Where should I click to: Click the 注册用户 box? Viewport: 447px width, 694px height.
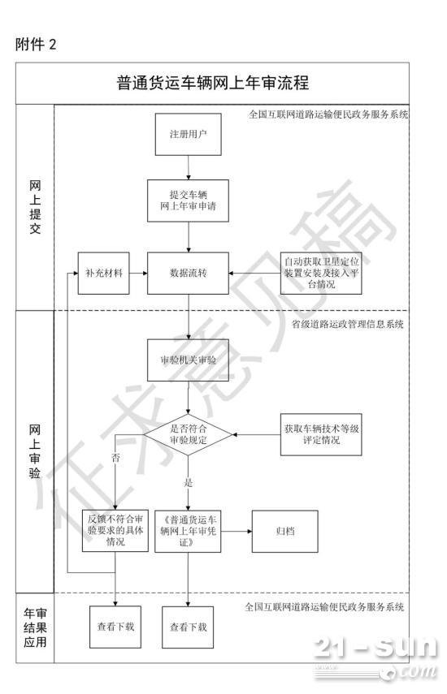coord(188,134)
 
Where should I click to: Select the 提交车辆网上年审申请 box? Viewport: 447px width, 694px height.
coord(188,200)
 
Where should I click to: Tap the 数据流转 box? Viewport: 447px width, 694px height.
coord(188,273)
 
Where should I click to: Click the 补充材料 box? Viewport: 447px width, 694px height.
coord(104,273)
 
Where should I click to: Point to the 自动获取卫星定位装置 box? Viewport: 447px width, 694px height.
coord(321,273)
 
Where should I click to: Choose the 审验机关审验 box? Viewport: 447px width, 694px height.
coord(188,360)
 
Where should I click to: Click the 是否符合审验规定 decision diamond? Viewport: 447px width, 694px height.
coord(188,434)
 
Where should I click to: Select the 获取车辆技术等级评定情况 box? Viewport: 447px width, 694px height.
coord(321,434)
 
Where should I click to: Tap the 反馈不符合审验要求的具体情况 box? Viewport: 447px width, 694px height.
coord(115,531)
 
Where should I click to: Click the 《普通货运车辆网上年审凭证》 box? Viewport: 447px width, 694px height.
coord(188,531)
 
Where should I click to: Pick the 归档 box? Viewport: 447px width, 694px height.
coord(284,531)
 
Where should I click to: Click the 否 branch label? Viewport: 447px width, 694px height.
coord(115,458)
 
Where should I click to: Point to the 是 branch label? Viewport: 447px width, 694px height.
coord(189,482)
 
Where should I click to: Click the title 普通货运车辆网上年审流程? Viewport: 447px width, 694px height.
coord(213,83)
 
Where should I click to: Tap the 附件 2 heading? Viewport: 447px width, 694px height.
coord(36,45)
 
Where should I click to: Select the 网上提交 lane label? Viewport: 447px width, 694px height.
coord(35,207)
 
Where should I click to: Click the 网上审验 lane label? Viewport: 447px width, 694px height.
coord(35,451)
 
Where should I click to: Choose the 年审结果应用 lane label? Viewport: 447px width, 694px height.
coord(35,627)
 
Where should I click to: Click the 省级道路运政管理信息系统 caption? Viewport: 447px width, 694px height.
coord(347,324)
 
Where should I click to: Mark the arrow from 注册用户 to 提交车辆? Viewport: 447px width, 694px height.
coord(189,167)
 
